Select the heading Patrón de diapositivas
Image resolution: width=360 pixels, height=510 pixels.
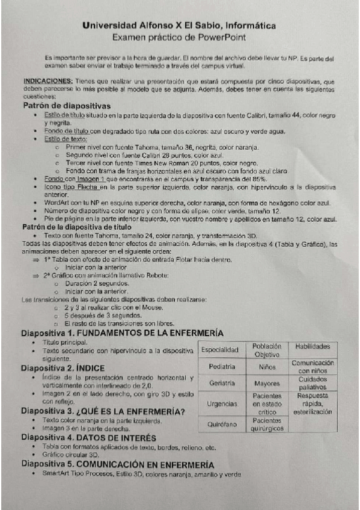66,106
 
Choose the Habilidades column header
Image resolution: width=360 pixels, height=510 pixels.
313,346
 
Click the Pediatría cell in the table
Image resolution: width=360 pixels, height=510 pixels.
221,366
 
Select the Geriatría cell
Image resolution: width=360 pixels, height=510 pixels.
221,382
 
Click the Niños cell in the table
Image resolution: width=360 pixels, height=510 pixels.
267,366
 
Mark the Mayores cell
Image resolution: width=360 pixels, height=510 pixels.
267,382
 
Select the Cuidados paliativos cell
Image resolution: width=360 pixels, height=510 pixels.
313,383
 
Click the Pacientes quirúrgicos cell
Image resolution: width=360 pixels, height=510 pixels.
267,425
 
